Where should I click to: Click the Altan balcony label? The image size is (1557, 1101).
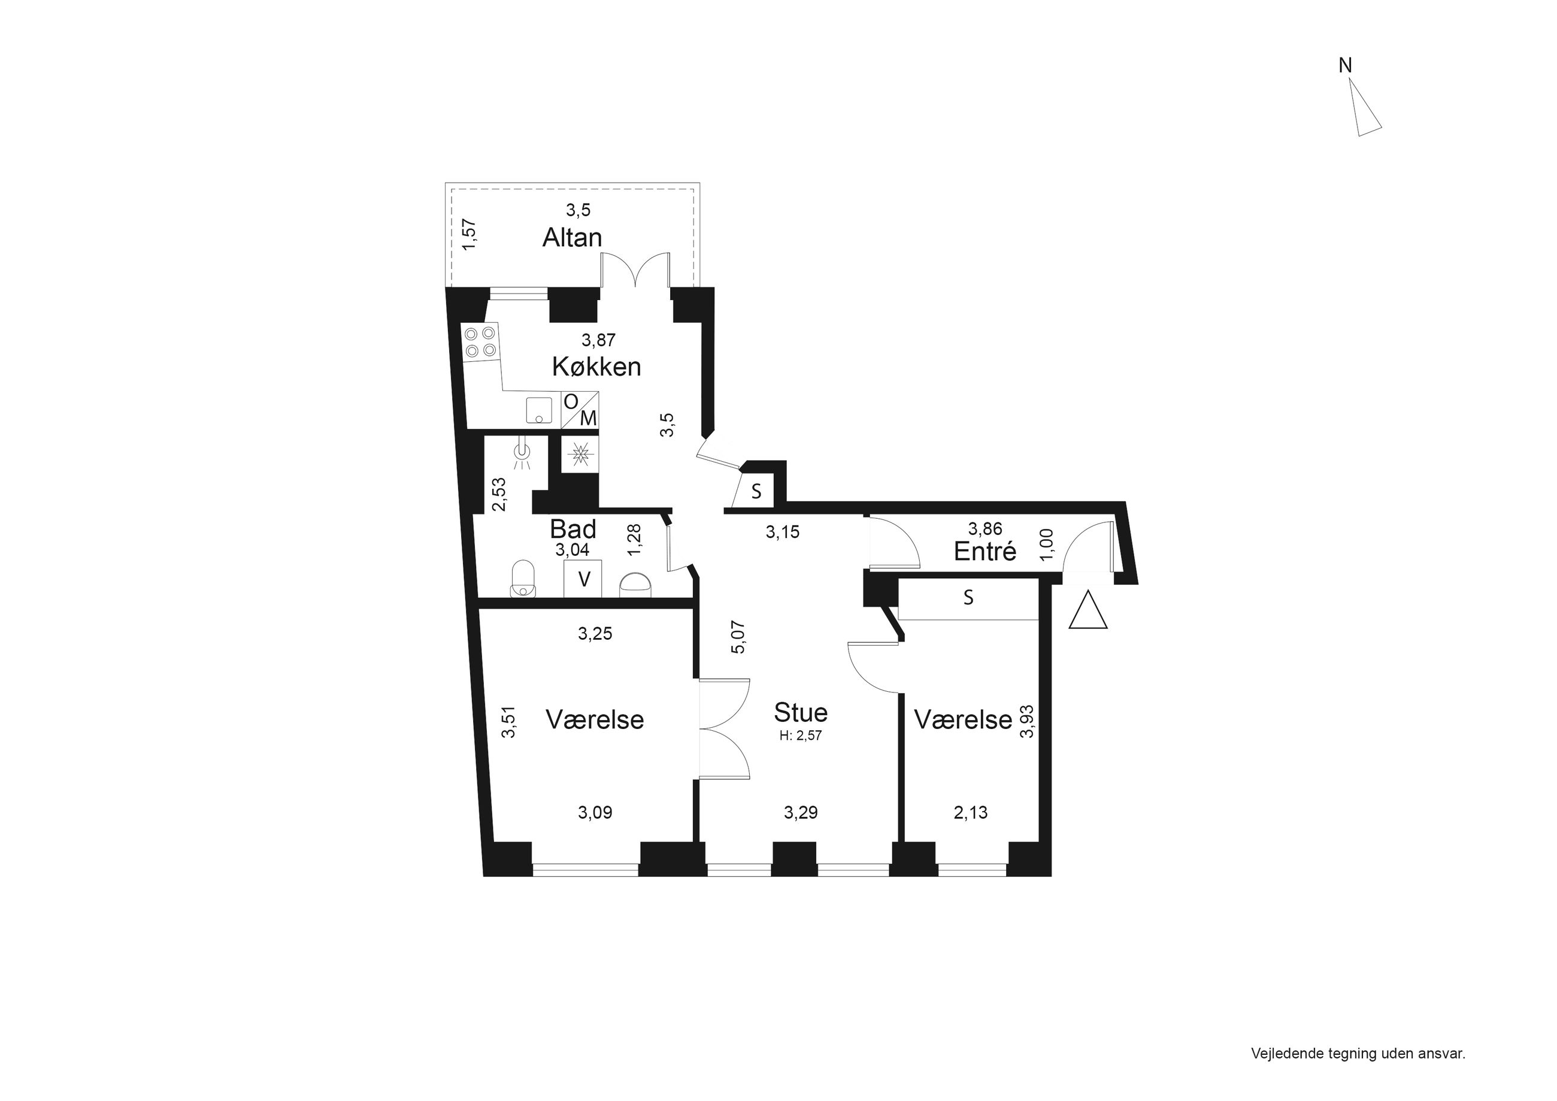pos(572,237)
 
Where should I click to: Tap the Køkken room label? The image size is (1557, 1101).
pos(596,367)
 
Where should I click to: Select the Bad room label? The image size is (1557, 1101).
pos(573,528)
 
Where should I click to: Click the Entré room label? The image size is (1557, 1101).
pos(985,551)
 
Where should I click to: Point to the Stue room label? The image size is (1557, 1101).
pos(801,712)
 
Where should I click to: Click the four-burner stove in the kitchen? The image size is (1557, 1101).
pos(480,342)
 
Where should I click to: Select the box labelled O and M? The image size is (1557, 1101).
pos(580,410)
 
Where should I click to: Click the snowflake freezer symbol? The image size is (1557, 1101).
pos(580,454)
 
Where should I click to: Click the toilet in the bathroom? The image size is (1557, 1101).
pos(523,579)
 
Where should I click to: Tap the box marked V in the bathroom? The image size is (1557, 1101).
pos(583,579)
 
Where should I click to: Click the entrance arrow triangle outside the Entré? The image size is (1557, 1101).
pos(1088,610)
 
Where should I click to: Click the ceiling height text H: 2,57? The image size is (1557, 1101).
pos(800,736)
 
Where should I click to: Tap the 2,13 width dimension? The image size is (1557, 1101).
pos(970,813)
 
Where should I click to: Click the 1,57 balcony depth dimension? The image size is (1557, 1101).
pos(468,234)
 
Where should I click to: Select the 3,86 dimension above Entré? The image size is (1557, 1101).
pos(985,528)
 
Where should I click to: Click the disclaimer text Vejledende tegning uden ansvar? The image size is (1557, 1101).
pos(1358,1054)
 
